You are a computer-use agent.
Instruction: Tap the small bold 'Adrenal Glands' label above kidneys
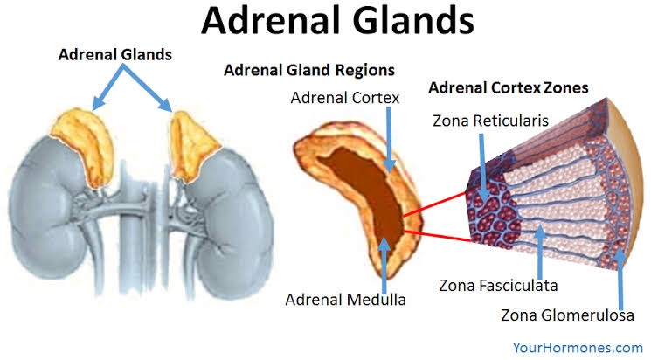coord(115,54)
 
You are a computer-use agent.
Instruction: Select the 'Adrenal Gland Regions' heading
coord(309,69)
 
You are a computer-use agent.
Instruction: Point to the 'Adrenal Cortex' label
coord(346,99)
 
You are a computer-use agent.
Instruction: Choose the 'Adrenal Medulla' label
coord(344,300)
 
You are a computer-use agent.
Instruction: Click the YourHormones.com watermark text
coord(578,347)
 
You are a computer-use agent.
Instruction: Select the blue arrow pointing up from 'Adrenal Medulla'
coord(383,262)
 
